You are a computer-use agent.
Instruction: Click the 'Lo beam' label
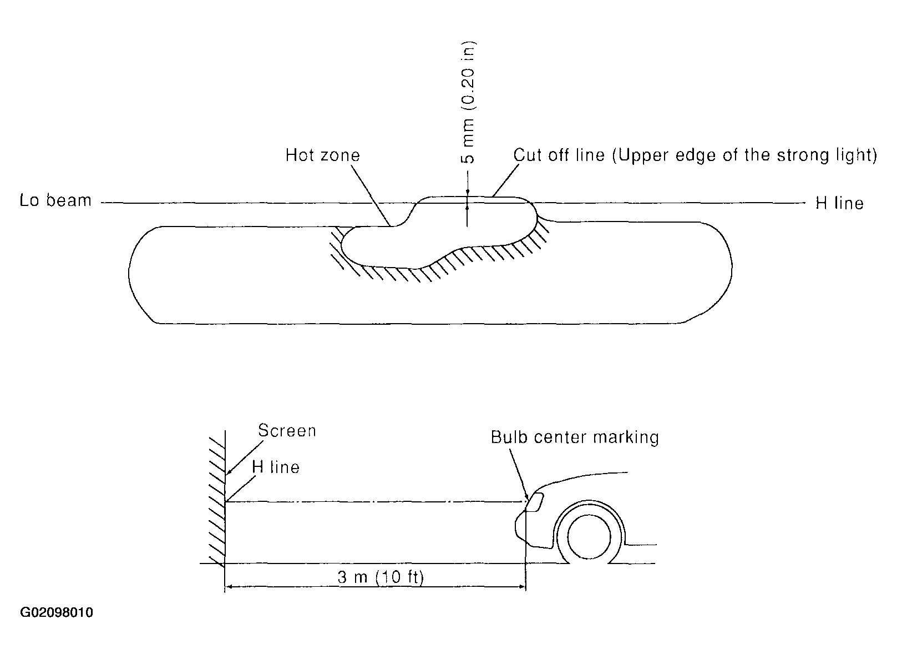[x=55, y=200]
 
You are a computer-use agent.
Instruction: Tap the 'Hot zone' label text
[x=322, y=155]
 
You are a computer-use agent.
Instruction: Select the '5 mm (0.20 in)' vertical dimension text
[x=468, y=103]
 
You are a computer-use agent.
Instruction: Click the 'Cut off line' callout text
[x=559, y=155]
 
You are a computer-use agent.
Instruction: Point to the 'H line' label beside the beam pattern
[x=839, y=203]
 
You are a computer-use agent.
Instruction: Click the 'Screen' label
[x=287, y=431]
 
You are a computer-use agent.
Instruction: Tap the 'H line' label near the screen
[x=276, y=467]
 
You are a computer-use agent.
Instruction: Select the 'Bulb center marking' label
[x=575, y=437]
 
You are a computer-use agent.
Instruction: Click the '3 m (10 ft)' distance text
[x=381, y=577]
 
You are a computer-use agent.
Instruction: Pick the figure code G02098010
[x=57, y=613]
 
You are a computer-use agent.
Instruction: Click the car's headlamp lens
[x=534, y=502]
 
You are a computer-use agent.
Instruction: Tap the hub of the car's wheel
[x=589, y=537]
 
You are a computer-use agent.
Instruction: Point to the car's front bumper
[x=524, y=533]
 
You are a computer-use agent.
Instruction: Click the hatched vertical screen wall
[x=217, y=500]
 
